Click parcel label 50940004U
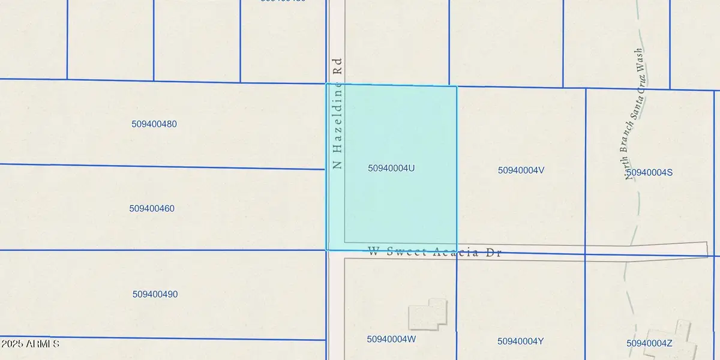pyautogui.click(x=391, y=169)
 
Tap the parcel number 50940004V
pyautogui.click(x=521, y=170)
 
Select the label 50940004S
pyautogui.click(x=649, y=173)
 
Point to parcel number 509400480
pyautogui.click(x=154, y=124)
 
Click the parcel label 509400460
pyautogui.click(x=152, y=209)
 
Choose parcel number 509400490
pyautogui.click(x=155, y=295)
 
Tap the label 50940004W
pyautogui.click(x=391, y=339)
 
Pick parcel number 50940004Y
pyautogui.click(x=521, y=341)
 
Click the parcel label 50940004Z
pyautogui.click(x=649, y=343)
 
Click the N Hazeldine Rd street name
pyautogui.click(x=338, y=113)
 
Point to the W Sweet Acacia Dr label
pyautogui.click(x=434, y=253)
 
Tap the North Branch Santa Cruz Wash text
pyautogui.click(x=635, y=114)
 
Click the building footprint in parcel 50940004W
pyautogui.click(x=428, y=314)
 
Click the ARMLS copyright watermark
pyautogui.click(x=30, y=344)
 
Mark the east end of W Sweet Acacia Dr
pyautogui.click(x=706, y=249)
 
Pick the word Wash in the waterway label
pyautogui.click(x=639, y=61)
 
